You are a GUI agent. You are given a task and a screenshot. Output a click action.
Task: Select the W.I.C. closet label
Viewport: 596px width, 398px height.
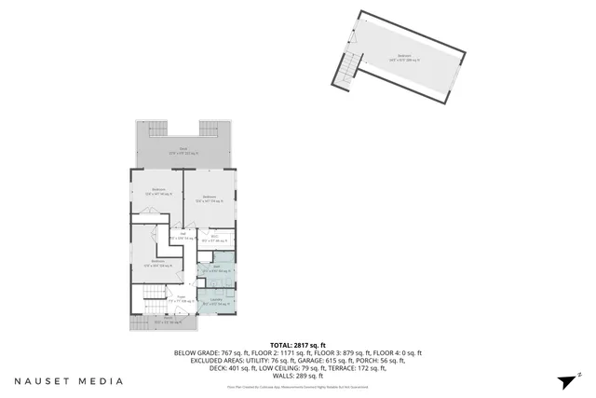[x=216, y=240]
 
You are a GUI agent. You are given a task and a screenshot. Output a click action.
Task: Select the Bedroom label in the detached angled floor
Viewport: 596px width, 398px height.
[x=404, y=57]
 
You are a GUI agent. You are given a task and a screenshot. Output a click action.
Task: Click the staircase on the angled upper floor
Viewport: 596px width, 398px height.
[x=351, y=63]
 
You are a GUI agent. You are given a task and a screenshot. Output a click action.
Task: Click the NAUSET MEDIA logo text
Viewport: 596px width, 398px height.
[x=68, y=380]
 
